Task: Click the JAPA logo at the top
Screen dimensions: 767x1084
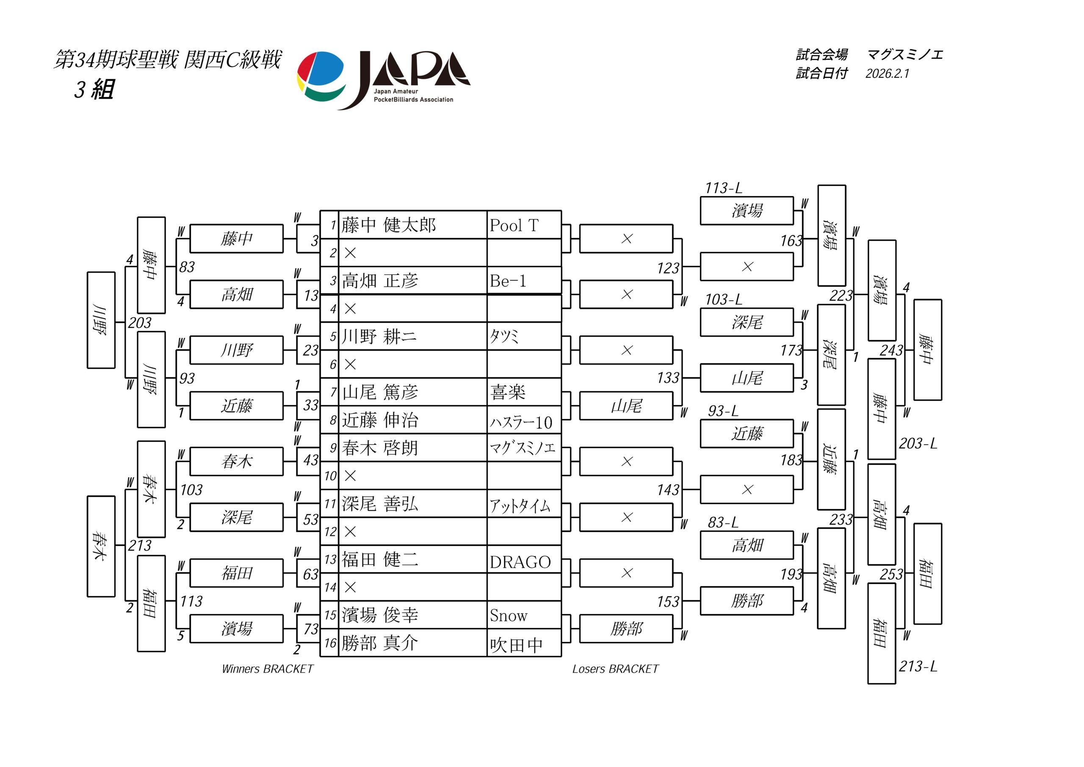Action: click(383, 79)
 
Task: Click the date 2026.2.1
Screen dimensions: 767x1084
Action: click(887, 74)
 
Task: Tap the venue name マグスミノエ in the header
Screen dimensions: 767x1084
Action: click(904, 55)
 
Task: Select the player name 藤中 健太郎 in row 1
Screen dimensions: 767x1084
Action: click(389, 225)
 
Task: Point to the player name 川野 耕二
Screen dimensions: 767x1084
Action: click(379, 337)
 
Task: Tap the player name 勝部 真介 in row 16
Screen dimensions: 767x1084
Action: click(379, 643)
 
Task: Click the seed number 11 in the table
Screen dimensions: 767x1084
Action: click(330, 504)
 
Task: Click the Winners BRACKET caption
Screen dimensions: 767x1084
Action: click(267, 669)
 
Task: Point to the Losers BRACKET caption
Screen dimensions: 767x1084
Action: click(615, 669)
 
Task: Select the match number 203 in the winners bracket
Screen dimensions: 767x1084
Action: click(140, 323)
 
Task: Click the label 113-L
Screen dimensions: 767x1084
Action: click(723, 188)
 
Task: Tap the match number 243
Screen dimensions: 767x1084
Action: click(891, 350)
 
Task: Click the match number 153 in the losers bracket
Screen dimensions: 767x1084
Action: click(668, 602)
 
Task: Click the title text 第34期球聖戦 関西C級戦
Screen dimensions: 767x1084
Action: click(168, 60)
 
